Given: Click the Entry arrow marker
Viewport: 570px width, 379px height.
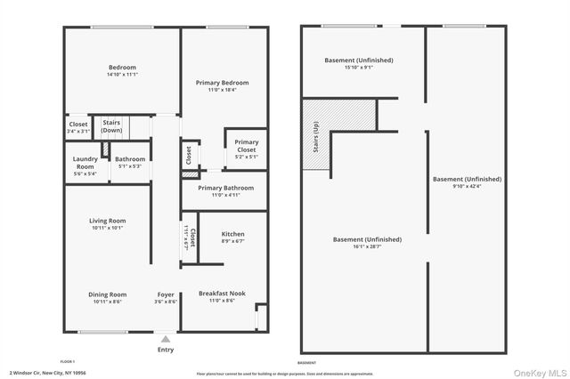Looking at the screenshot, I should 166,338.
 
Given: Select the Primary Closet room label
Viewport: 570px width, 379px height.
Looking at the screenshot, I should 247,146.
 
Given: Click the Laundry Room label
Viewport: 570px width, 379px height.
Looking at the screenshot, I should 85,163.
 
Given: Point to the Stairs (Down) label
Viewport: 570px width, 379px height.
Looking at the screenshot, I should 111,126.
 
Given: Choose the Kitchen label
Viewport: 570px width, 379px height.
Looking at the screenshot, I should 232,234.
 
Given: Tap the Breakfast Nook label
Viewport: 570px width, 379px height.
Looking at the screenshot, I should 222,294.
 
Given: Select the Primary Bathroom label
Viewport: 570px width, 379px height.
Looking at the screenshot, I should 225,188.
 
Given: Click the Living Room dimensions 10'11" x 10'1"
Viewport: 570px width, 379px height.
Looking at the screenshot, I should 107,227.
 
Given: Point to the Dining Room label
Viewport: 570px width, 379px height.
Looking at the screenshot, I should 107,294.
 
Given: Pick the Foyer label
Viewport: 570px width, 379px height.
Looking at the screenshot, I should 167,294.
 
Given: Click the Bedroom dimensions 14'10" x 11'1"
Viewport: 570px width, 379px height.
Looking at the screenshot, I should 123,75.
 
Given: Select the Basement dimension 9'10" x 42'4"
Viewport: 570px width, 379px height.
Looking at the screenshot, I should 467,186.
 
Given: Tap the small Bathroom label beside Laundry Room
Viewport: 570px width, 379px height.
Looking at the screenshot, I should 130,159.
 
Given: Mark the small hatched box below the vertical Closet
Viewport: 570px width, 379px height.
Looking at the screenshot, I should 189,175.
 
